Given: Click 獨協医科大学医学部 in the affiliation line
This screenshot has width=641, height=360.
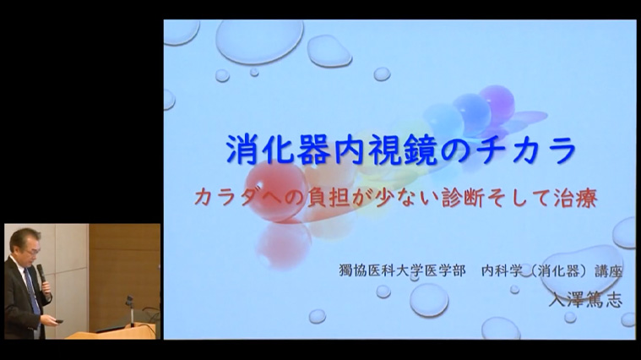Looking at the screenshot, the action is [402, 270].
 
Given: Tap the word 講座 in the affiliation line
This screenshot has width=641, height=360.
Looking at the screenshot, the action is [608, 270].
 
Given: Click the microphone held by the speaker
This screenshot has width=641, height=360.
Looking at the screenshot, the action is [41, 274].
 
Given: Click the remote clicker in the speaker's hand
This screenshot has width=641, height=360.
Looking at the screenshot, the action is [58, 321].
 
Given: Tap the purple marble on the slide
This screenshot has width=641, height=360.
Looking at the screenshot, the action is [497, 102].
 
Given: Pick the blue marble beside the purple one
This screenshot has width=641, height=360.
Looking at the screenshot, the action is [472, 114].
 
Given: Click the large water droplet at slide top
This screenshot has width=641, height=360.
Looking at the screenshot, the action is [259, 41].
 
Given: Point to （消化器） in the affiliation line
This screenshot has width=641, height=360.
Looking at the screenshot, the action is [555, 270].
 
